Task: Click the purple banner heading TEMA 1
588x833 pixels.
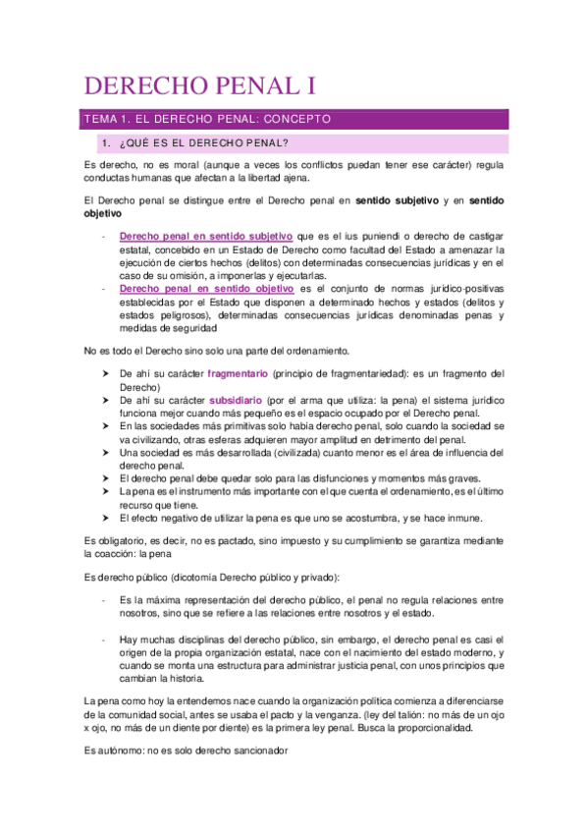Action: point(207,119)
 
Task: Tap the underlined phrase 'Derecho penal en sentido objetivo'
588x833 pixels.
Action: point(206,289)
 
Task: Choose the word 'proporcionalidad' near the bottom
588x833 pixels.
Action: point(428,729)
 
